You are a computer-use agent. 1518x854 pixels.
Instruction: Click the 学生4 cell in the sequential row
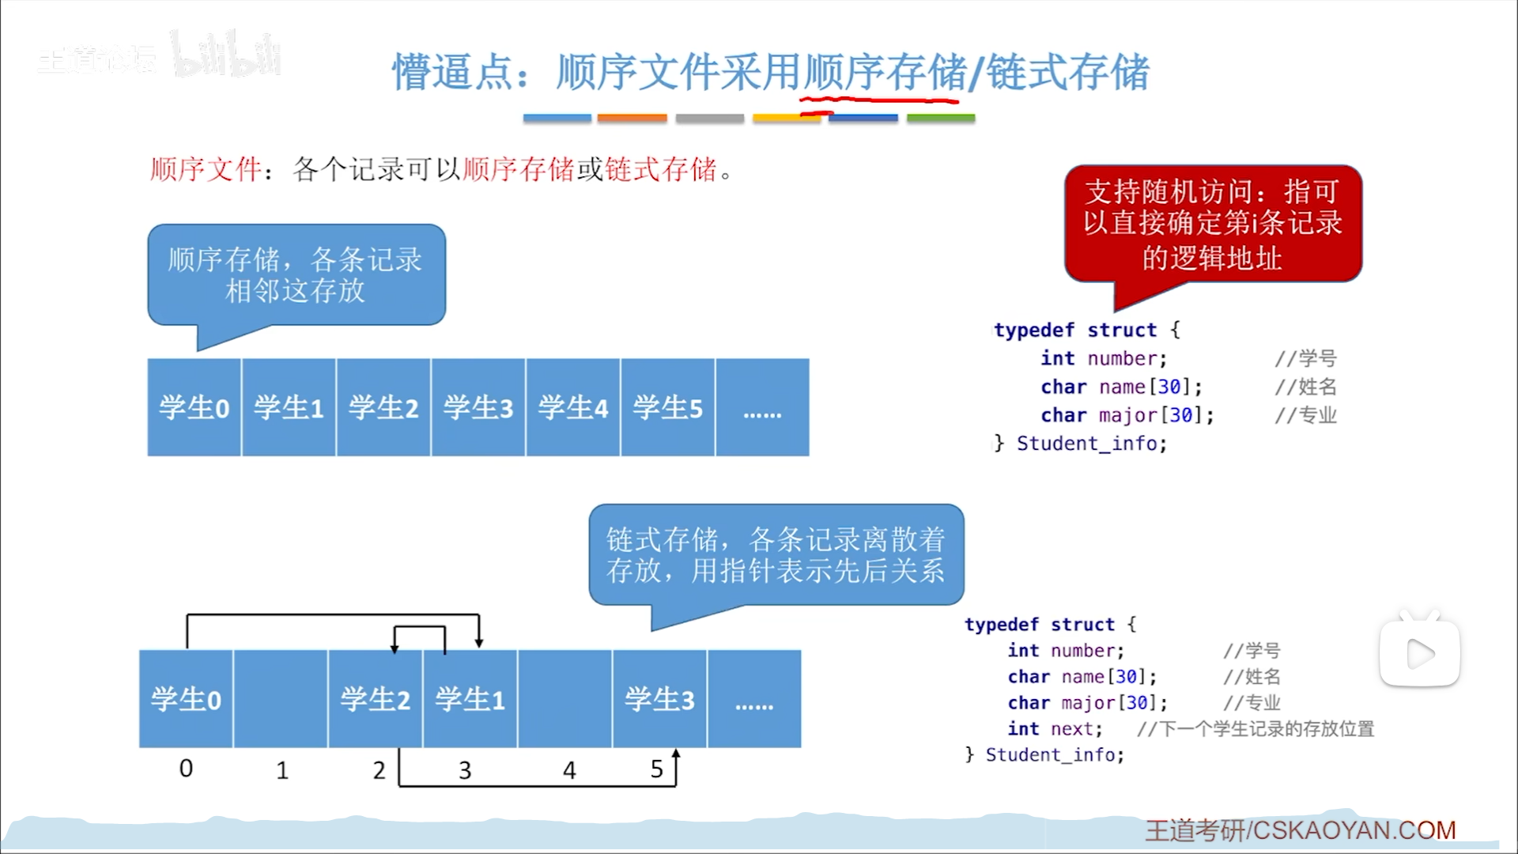point(573,408)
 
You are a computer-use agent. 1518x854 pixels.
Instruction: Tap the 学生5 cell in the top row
point(668,408)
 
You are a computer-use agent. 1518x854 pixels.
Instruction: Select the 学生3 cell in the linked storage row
point(659,700)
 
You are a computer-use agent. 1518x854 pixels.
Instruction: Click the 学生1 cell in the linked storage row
point(470,700)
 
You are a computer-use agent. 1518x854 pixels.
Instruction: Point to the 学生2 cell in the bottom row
point(376,700)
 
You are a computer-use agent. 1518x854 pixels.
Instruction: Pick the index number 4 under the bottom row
point(569,770)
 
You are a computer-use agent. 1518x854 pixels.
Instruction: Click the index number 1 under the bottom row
point(282,770)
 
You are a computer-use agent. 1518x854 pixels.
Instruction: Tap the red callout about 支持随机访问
point(1213,225)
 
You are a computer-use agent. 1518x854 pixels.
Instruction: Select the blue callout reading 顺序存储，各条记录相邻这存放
point(296,275)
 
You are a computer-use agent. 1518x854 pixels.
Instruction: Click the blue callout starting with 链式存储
point(776,555)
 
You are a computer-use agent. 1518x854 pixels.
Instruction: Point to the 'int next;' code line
point(1055,728)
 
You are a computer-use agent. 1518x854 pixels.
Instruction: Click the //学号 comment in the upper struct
point(1305,358)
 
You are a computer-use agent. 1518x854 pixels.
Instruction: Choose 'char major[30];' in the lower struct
point(1087,702)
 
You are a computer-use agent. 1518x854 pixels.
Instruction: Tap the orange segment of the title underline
point(632,118)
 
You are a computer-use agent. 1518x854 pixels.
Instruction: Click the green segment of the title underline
point(941,118)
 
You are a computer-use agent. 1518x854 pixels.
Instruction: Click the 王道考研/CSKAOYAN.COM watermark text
point(1301,830)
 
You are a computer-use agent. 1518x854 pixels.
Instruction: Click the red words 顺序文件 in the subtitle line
point(206,169)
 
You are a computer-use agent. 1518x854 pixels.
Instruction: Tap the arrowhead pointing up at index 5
point(676,755)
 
